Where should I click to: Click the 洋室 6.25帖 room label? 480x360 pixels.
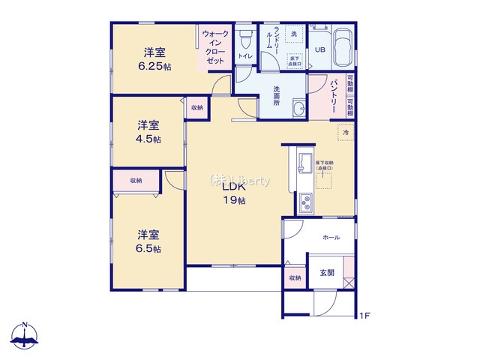(x=154, y=59)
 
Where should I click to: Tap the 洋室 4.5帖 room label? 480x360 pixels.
(x=148, y=131)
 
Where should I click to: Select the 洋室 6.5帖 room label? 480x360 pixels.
(x=148, y=241)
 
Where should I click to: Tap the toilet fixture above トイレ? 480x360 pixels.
(x=244, y=38)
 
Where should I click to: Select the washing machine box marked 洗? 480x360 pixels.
(x=293, y=36)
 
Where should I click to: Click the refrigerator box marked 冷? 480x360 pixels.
(x=346, y=133)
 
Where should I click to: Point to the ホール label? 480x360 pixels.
(x=331, y=238)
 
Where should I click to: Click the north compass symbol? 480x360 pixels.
(x=25, y=337)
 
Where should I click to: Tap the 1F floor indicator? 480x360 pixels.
(x=364, y=316)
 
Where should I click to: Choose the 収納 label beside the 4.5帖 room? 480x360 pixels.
(x=196, y=108)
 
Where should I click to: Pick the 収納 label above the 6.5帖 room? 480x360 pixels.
(x=136, y=181)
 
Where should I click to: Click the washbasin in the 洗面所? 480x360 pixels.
(x=298, y=108)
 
